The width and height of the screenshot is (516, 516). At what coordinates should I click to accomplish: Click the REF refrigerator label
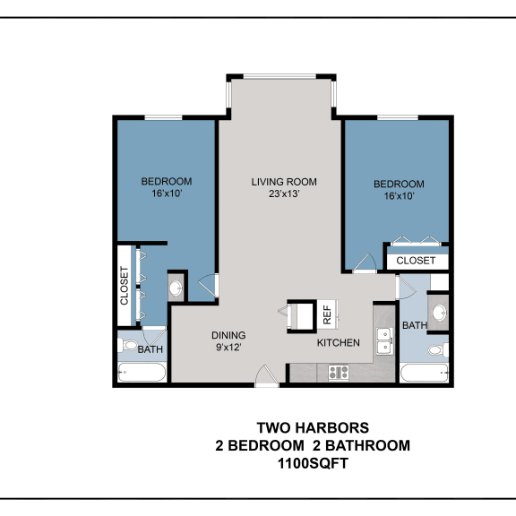tap(327, 314)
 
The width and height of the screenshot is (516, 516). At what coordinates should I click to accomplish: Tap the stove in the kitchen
tap(339, 373)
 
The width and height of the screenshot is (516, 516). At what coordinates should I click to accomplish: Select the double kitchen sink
tap(384, 341)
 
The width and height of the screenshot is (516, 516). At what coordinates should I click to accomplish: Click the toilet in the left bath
tap(128, 345)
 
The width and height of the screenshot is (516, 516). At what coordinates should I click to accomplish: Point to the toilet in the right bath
tap(438, 349)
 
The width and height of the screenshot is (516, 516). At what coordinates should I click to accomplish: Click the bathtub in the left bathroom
tap(142, 372)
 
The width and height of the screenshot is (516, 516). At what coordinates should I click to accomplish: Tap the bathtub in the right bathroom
tap(425, 373)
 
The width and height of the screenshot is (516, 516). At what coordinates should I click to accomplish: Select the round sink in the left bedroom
tap(176, 288)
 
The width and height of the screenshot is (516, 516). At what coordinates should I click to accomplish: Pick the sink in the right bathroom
tap(439, 313)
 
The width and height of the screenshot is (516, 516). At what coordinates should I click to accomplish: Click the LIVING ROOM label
tap(284, 182)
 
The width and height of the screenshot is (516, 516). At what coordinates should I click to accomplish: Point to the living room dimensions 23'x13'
tap(284, 193)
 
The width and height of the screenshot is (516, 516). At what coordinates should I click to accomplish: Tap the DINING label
tap(228, 335)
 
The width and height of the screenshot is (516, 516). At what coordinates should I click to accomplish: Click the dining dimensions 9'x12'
tap(228, 348)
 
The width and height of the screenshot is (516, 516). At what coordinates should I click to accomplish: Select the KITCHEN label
tap(339, 343)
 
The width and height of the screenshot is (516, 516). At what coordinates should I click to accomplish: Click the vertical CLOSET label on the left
tap(124, 286)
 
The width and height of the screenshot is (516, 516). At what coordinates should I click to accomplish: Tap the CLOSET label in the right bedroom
tap(416, 261)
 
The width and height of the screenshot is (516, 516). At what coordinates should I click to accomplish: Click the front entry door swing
tap(267, 375)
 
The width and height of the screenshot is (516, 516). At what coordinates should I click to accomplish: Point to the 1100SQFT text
tap(313, 464)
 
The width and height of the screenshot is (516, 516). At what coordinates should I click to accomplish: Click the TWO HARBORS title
tap(313, 428)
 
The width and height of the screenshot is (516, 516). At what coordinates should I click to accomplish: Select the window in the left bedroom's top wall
tap(164, 117)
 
